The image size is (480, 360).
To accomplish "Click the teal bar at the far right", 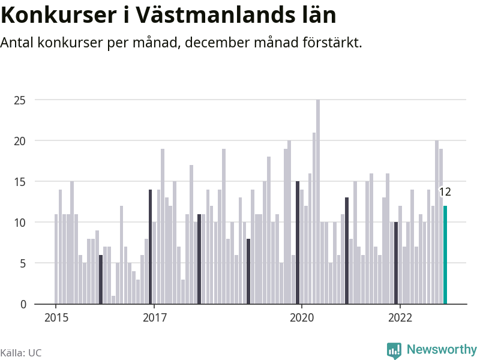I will coord(445,255).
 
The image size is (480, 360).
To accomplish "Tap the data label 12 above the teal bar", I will coord(445,193).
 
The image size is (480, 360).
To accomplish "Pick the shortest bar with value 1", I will coord(113,299).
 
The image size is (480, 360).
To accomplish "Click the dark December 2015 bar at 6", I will coord(101,280).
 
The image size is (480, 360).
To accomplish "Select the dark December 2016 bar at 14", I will coord(150,247).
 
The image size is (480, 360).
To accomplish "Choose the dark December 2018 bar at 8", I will coord(248,271).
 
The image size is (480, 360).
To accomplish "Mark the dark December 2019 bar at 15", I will coord(298,242).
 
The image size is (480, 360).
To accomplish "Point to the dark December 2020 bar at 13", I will coord(347,251).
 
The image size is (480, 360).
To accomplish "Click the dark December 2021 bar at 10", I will coord(396,263).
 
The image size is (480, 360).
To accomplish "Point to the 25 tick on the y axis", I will coord(20,100).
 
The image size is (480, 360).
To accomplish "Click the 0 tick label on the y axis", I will coord(23,304).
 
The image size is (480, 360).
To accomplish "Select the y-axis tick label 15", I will coord(20,181).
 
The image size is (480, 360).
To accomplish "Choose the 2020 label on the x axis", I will coord(301,317).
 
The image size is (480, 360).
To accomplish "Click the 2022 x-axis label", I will coord(400,317).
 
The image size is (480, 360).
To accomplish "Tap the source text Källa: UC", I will coord(21,353).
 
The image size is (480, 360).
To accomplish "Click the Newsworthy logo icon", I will coord(394,350).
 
